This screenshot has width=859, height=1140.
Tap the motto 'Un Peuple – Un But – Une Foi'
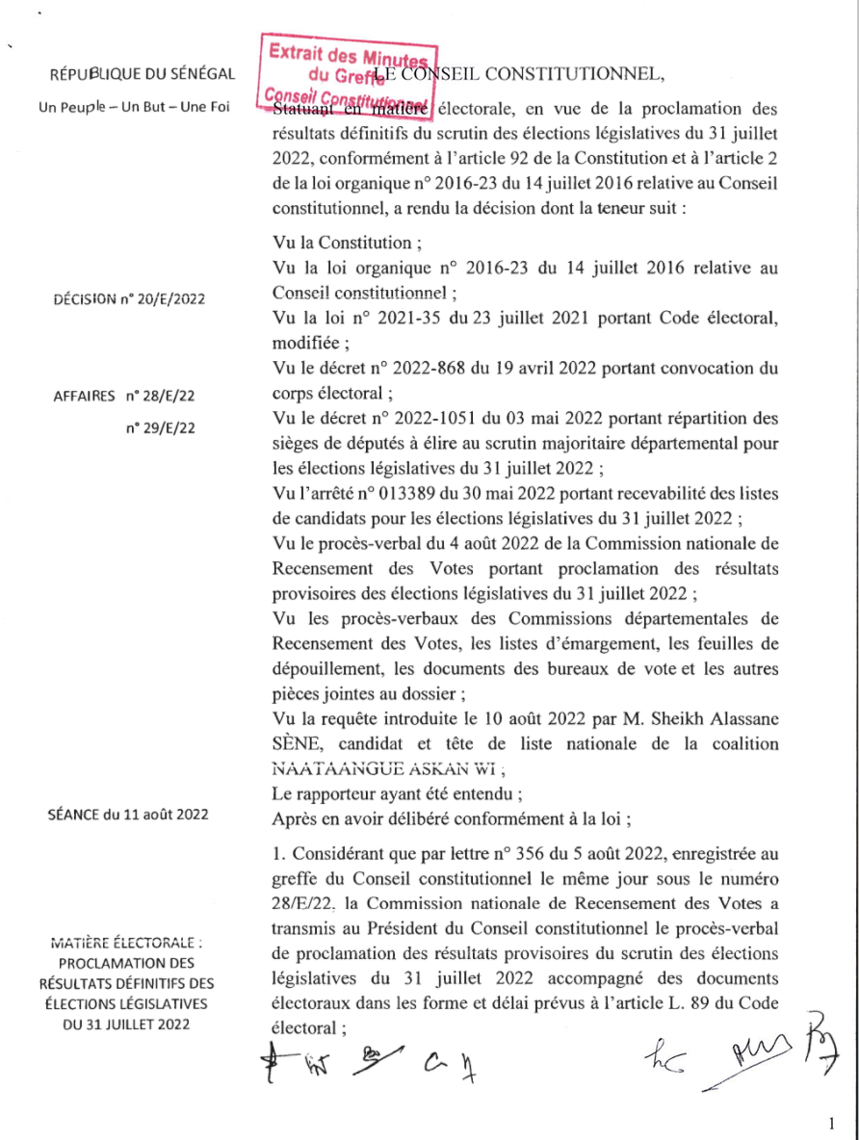[134, 106]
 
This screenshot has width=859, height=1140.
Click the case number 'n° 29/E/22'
[160, 427]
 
